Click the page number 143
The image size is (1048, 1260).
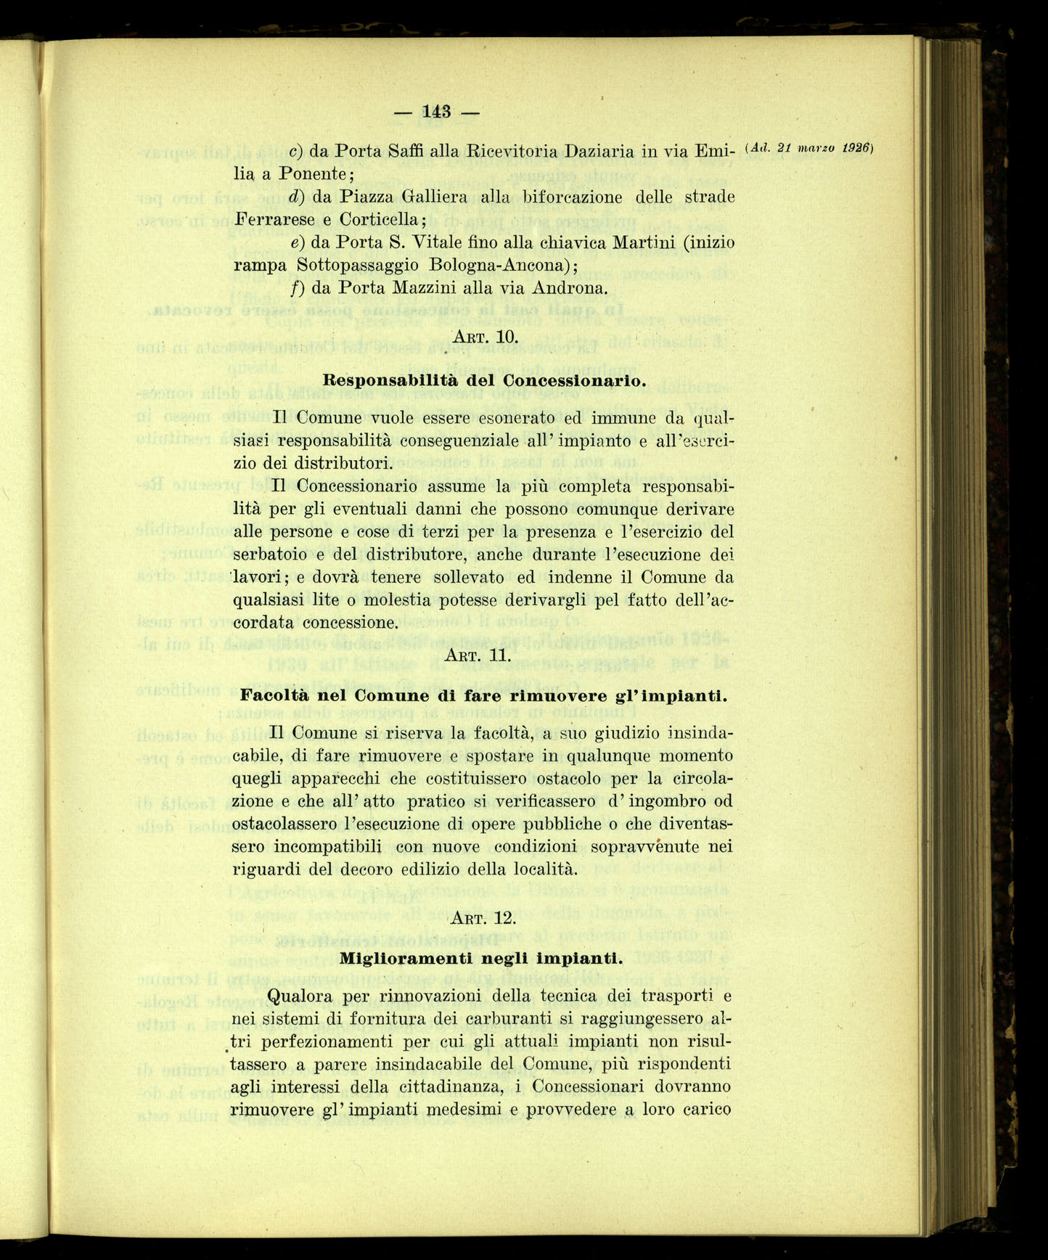click(437, 111)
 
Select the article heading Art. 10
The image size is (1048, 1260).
click(484, 337)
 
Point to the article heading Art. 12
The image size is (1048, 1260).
click(483, 918)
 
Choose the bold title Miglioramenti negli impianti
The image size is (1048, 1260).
click(481, 957)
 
